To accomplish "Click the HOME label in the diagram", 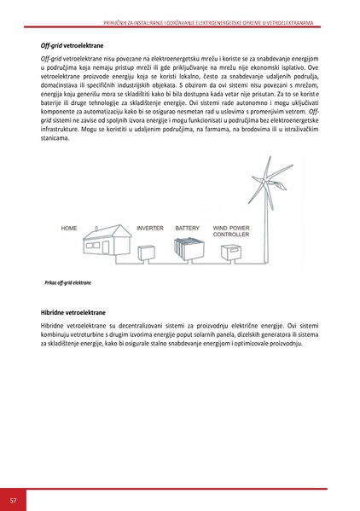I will (68, 229).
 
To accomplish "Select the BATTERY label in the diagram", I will (188, 229).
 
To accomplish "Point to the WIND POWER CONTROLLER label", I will (231, 231).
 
